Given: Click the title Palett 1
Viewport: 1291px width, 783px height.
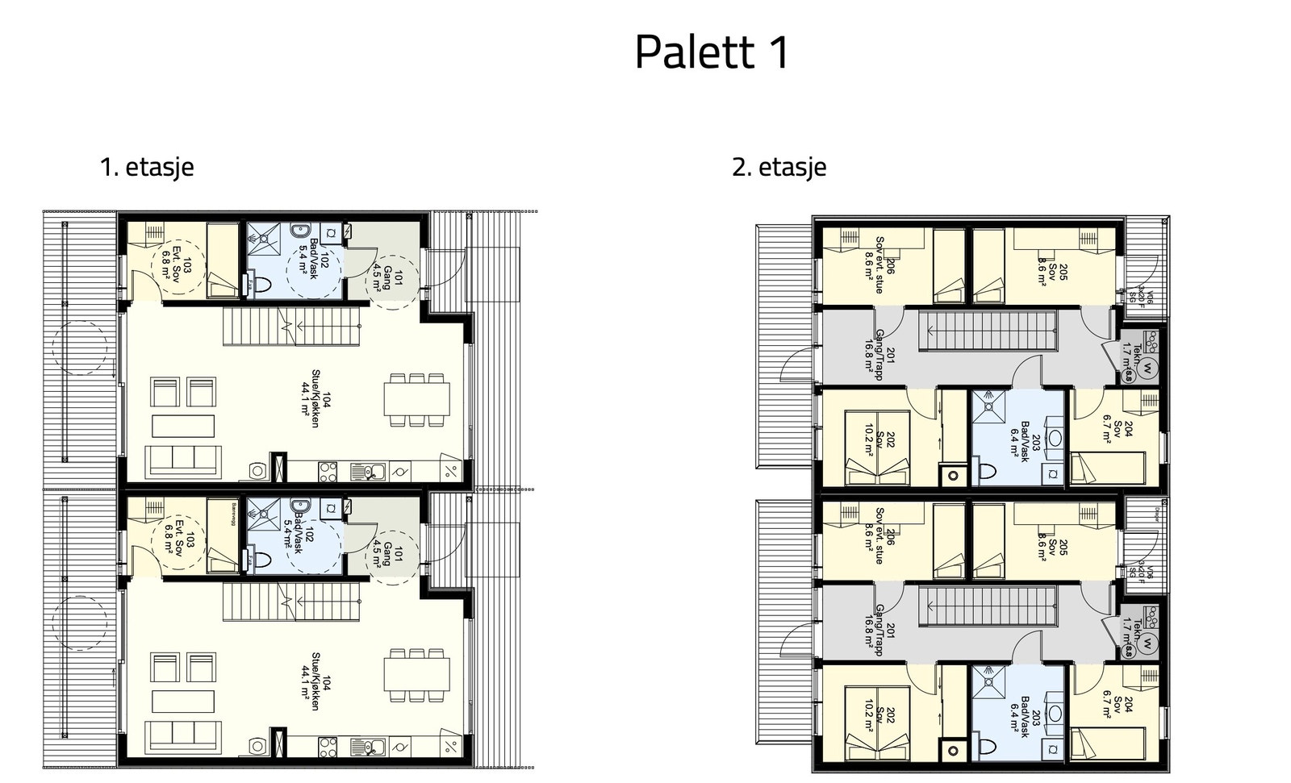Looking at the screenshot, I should coord(712,52).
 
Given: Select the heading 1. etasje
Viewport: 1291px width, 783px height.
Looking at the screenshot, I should coord(146,167).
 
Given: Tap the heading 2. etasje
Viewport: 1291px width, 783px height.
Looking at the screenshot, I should coord(779,167).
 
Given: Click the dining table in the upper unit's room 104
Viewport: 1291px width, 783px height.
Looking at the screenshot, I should coord(416,399).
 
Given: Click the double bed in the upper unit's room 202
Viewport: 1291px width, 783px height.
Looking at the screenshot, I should coord(876,448).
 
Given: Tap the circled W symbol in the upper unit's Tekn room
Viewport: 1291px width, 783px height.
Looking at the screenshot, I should coord(1149,364).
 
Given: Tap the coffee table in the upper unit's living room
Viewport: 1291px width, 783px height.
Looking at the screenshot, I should coord(183,425).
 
